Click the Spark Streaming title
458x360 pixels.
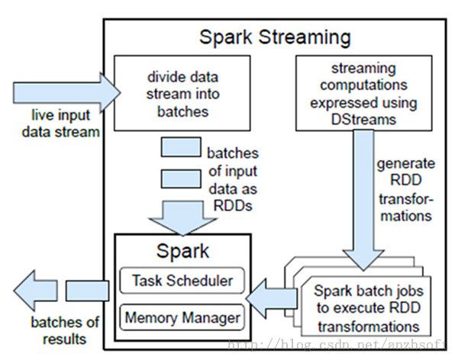coord(275,38)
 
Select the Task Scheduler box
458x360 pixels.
coord(182,280)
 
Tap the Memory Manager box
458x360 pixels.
coord(182,317)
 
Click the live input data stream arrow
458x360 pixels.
coord(66,92)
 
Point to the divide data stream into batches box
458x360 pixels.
coord(182,93)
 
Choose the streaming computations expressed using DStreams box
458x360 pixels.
coord(364,93)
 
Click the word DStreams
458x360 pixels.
coord(363,120)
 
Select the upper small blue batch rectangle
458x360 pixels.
coord(181,147)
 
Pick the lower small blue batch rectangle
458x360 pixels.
coord(181,178)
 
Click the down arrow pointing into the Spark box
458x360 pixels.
coord(183,218)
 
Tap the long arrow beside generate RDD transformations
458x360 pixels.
coord(363,200)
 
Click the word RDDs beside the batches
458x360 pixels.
coord(233,206)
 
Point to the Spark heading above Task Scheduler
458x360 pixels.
coord(183,251)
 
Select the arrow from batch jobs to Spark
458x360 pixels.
coord(272,298)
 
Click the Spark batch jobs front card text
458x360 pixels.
coord(369,308)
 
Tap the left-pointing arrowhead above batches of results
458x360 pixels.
coord(36,291)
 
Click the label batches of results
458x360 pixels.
coord(65,331)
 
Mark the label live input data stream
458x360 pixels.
coord(61,124)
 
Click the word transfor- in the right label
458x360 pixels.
coord(406,199)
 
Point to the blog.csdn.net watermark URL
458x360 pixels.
coord(337,345)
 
